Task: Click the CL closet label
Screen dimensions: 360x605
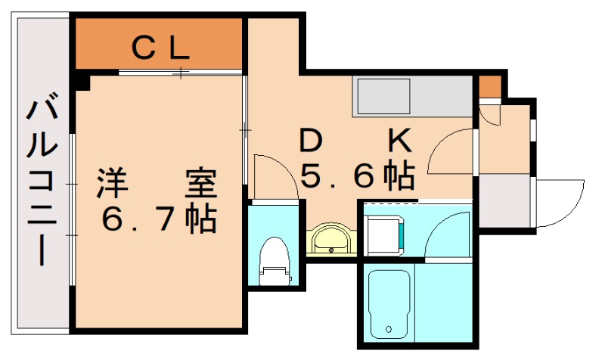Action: tap(160, 48)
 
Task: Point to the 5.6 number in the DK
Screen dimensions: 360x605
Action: tap(337, 177)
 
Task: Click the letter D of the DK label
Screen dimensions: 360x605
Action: tap(309, 141)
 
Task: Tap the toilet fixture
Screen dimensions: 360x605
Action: tap(273, 261)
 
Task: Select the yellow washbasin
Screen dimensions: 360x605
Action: tap(329, 240)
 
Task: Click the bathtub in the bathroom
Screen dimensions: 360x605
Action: tap(389, 303)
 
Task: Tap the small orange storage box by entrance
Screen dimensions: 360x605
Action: tap(490, 86)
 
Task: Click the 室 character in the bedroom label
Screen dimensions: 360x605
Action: tap(200, 184)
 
